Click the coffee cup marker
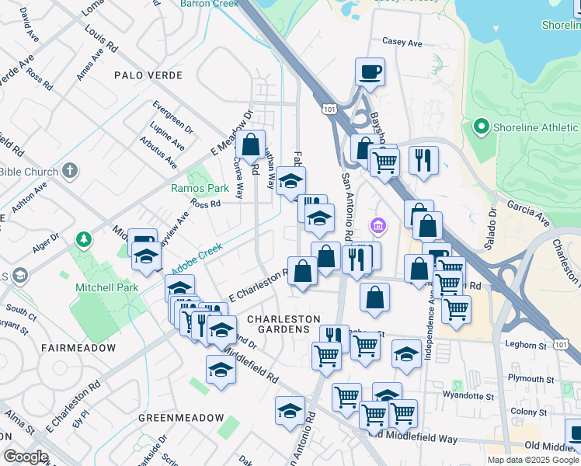[370, 71]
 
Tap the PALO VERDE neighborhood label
[148, 75]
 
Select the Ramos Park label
[200, 188]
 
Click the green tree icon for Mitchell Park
[83, 240]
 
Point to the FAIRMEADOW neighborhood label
[78, 348]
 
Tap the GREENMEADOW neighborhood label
[181, 418]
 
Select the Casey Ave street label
[402, 43]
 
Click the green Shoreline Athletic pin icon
[480, 126]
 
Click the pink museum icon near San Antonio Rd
[378, 227]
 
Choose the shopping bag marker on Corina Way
[251, 144]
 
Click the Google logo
[25, 456]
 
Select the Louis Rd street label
[102, 40]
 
